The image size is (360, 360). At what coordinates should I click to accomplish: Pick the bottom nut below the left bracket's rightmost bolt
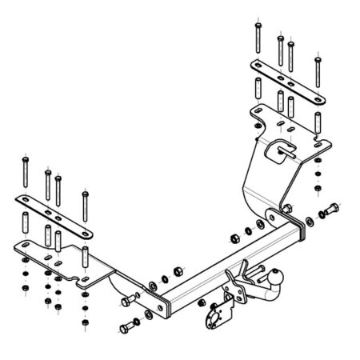pos(86,325)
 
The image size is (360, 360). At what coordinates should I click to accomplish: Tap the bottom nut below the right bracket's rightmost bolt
pos(318,189)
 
